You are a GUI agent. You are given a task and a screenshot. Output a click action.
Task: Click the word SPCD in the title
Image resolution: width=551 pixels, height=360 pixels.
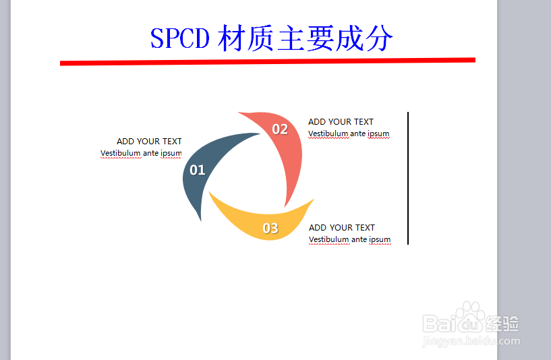click(180, 38)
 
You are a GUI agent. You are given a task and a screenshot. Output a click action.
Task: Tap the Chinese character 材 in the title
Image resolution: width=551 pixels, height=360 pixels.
click(231, 38)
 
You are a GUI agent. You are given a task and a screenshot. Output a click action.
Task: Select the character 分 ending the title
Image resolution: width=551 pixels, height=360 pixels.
click(378, 38)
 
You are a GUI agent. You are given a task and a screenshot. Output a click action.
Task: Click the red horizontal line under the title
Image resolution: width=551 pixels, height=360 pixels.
click(268, 61)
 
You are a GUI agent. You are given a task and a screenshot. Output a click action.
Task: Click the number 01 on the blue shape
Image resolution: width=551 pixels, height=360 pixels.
click(197, 170)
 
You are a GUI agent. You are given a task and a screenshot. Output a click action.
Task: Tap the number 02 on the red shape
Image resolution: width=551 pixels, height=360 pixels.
click(280, 129)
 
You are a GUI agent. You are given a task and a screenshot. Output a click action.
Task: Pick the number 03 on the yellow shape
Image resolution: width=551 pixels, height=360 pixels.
click(270, 229)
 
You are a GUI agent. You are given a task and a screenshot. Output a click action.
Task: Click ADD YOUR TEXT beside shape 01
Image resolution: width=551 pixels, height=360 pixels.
click(149, 141)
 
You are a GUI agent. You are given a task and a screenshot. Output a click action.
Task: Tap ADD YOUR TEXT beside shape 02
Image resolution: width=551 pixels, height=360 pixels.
click(341, 122)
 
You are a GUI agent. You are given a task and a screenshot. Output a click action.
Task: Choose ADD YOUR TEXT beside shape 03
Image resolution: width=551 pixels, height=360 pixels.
click(342, 228)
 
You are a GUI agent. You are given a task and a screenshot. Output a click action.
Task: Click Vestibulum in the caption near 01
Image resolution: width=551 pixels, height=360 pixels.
click(121, 153)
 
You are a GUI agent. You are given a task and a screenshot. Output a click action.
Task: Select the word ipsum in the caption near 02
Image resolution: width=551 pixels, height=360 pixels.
click(378, 134)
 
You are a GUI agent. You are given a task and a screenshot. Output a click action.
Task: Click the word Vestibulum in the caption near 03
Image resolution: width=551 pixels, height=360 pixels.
click(329, 239)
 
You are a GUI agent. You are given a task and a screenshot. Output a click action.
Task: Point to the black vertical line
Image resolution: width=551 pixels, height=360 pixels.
click(408, 178)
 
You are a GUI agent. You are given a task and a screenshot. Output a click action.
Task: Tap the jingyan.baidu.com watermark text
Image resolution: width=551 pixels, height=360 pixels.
click(471, 341)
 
